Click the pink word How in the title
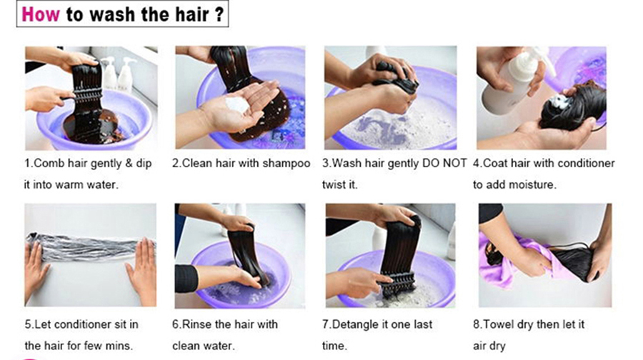click(x=41, y=15)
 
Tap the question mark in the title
click(x=219, y=15)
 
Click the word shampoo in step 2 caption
click(x=286, y=164)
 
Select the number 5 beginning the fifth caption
click(x=28, y=324)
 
